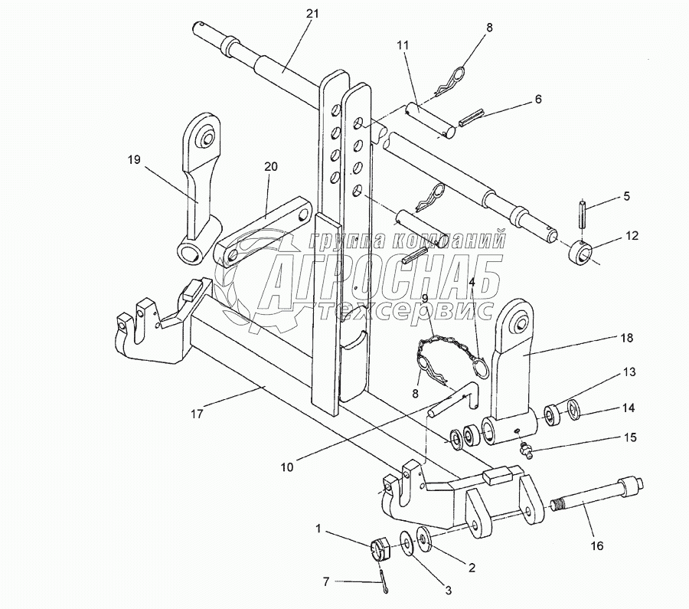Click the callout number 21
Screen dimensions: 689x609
[x=312, y=14]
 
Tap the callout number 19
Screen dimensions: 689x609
[x=134, y=159]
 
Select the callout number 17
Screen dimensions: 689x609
[x=198, y=414]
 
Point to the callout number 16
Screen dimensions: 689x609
[x=597, y=545]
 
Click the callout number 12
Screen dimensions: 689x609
[x=632, y=236]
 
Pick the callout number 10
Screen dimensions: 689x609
[x=287, y=467]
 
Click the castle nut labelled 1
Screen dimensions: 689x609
[x=380, y=550]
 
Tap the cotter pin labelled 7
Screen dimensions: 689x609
[x=384, y=581]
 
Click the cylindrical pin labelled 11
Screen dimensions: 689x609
[x=429, y=120]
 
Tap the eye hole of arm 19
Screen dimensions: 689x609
[x=207, y=137]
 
